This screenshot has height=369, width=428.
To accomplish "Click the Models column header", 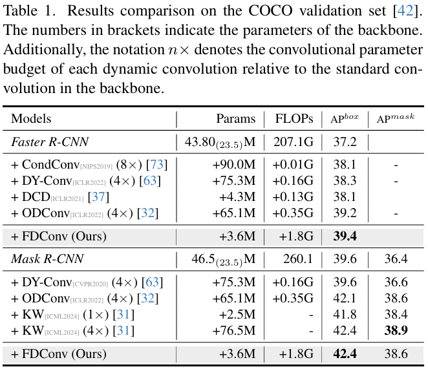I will coord(31,119).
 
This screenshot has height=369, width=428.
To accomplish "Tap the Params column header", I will coord(237,119).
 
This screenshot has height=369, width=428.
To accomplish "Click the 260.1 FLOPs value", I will coord(297,260).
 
